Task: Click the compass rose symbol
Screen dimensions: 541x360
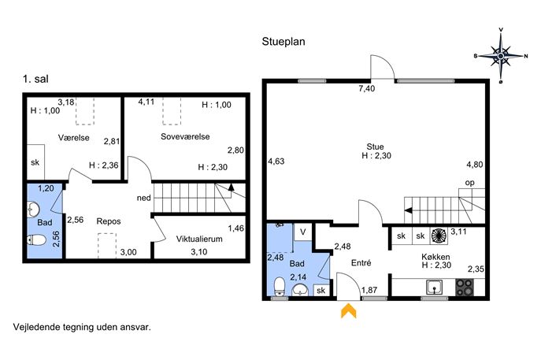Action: pyautogui.click(x=501, y=56)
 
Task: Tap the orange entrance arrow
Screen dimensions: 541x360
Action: pyautogui.click(x=349, y=310)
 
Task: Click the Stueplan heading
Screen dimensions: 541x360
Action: pyautogui.click(x=283, y=42)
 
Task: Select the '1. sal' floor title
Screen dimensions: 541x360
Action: pyautogui.click(x=35, y=79)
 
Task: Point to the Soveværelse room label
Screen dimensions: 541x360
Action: pyautogui.click(x=185, y=137)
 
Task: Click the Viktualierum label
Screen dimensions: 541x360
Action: pyautogui.click(x=199, y=239)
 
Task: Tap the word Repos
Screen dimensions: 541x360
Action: pyautogui.click(x=109, y=221)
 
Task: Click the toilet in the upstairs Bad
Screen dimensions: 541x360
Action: pyautogui.click(x=36, y=239)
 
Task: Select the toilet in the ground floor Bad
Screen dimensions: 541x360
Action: pyautogui.click(x=279, y=288)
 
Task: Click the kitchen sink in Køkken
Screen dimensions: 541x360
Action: pyautogui.click(x=435, y=288)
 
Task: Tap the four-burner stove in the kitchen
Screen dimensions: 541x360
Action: pyautogui.click(x=465, y=288)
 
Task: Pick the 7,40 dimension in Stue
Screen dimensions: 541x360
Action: pyautogui.click(x=366, y=89)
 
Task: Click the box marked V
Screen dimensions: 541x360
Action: pyautogui.click(x=302, y=232)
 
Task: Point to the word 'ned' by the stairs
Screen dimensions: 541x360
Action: pyautogui.click(x=144, y=199)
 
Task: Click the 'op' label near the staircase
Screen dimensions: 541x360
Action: pyautogui.click(x=470, y=183)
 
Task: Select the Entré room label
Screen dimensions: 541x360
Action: pyautogui.click(x=361, y=262)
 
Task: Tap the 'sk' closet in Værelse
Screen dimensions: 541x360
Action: pyautogui.click(x=35, y=162)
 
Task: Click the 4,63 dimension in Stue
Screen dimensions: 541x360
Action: pyautogui.click(x=276, y=161)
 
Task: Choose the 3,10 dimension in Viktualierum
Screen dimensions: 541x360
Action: pyautogui.click(x=199, y=252)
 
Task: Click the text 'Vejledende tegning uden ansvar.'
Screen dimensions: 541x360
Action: pyautogui.click(x=82, y=327)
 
